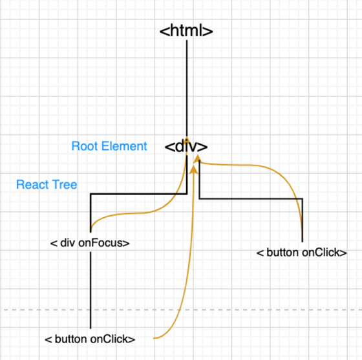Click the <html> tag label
186,30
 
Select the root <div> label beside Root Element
186,146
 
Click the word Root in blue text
85,146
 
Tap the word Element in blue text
124,146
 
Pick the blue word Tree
65,185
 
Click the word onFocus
104,243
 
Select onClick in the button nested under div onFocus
112,339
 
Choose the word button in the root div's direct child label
282,253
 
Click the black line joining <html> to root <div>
187,88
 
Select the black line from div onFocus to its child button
90,290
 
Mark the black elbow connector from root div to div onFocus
138,194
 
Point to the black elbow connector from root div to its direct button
251,198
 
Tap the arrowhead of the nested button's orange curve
195,169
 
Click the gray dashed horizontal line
183,310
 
